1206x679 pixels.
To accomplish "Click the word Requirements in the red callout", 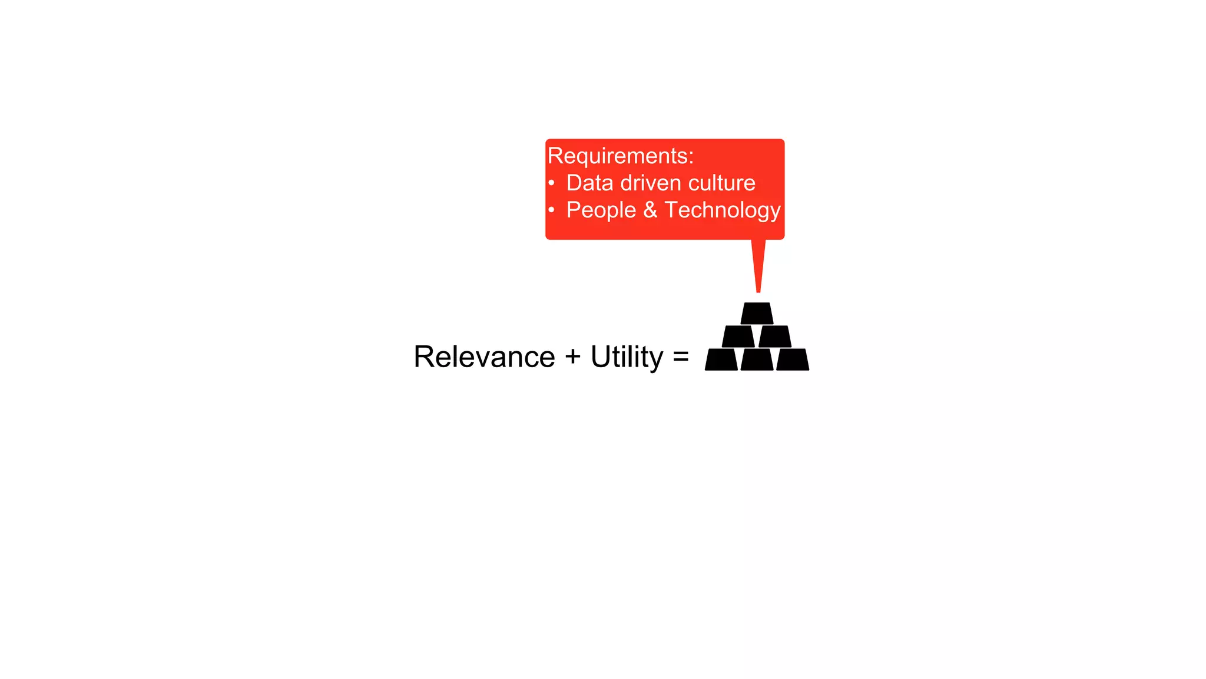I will [x=618, y=156].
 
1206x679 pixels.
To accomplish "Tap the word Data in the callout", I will [x=589, y=183].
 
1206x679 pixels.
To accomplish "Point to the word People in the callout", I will [x=601, y=210].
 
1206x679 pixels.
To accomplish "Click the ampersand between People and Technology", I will [x=650, y=210].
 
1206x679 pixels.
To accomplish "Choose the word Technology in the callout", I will [x=723, y=210].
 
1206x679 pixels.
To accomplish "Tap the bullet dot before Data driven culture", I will [x=552, y=183].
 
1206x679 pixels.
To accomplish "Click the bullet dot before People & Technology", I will [x=552, y=210].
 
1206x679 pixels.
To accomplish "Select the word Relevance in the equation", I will [x=484, y=357].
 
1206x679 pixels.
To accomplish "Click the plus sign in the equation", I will [x=572, y=357].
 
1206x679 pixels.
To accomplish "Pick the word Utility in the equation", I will [x=627, y=357].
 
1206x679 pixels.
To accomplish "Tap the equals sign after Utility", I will [x=681, y=357].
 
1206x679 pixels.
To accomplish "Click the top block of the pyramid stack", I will [x=757, y=313].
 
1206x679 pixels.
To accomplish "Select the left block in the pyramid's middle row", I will [x=738, y=337].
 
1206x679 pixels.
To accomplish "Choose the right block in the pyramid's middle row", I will [x=775, y=337].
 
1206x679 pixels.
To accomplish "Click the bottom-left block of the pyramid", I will [x=721, y=360].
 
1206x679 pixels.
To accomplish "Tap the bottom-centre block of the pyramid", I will [x=757, y=360].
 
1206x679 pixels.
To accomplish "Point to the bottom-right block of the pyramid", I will [x=793, y=360].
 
